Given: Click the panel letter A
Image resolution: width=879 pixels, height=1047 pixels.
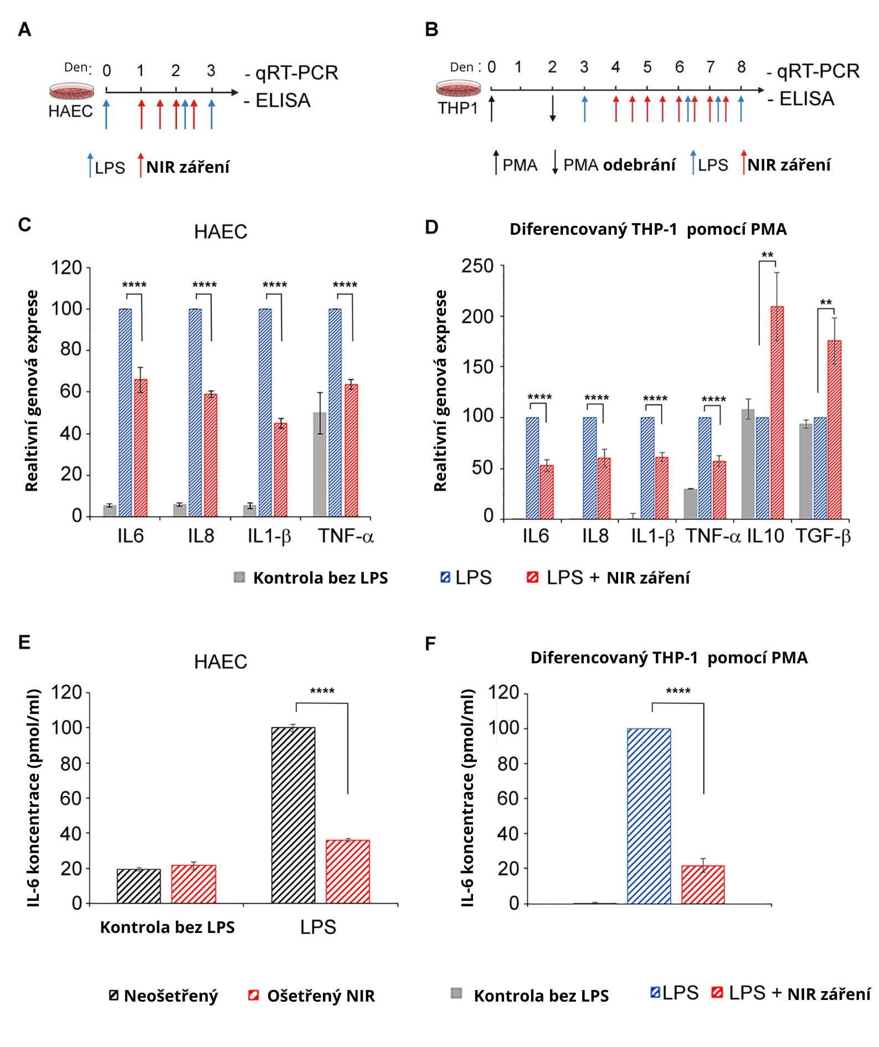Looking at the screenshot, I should tap(24, 29).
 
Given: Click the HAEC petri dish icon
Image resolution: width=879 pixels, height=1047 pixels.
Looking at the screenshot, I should tap(71, 91).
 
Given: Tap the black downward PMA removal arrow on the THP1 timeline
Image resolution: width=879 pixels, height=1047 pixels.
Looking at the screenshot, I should tap(552, 109).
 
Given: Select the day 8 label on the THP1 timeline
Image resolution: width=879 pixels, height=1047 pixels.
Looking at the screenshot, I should tap(741, 67).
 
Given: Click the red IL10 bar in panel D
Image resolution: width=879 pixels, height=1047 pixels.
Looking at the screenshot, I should tap(777, 412).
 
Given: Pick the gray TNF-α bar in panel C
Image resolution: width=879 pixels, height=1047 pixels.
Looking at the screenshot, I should tap(320, 464).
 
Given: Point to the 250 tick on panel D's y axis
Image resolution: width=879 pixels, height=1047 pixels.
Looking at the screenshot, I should tap(477, 266).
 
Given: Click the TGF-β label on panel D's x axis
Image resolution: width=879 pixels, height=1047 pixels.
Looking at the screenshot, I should tap(823, 536).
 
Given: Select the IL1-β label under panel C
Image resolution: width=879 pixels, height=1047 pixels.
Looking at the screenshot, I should tap(269, 536).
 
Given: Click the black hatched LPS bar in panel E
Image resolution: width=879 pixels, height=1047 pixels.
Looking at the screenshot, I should tap(293, 815).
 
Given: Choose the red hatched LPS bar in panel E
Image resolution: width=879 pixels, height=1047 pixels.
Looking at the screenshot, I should tap(347, 871).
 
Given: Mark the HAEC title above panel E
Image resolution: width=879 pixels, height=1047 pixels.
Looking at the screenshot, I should tap(220, 662).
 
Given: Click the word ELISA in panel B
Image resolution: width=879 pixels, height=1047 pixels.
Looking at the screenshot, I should tap(806, 99).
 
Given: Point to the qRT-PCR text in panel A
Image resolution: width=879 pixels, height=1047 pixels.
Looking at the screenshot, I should tap(296, 73).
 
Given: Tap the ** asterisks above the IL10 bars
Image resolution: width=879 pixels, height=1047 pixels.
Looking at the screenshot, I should tap(767, 255).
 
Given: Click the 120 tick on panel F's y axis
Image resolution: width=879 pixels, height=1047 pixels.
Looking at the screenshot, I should tap(503, 692).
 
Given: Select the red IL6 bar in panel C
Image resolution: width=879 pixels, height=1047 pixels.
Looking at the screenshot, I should tap(141, 447).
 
